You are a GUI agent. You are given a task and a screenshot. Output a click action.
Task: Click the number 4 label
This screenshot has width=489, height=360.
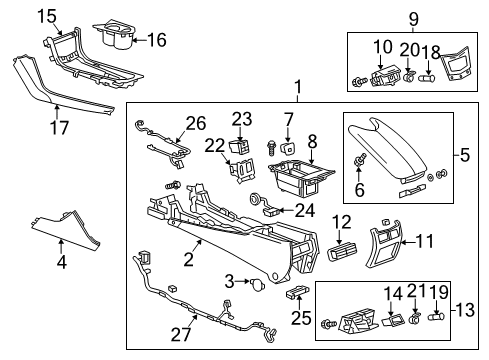tap(61, 264)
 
